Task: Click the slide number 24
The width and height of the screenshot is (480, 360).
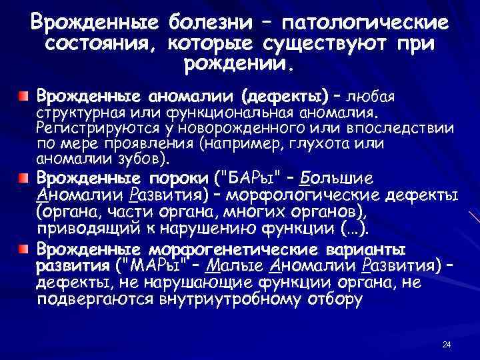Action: click(x=447, y=345)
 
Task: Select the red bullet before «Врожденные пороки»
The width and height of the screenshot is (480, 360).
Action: click(x=23, y=180)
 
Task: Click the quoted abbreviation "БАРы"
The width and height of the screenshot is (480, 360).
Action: click(x=250, y=180)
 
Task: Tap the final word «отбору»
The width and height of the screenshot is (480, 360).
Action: click(x=336, y=299)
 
